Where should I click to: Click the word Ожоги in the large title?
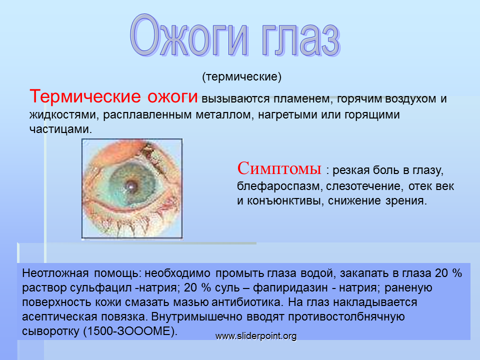pyautogui.click(x=189, y=36)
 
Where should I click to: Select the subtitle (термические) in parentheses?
pyautogui.click(x=241, y=76)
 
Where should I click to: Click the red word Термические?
pyautogui.click(x=85, y=96)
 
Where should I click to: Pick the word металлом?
pyautogui.click(x=224, y=115)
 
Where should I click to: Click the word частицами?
pyautogui.click(x=60, y=129)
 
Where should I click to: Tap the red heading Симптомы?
pyautogui.click(x=279, y=168)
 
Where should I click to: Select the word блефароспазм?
pyautogui.click(x=279, y=186)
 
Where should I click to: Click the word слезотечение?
pyautogui.click(x=363, y=186)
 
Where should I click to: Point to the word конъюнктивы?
pyautogui.click(x=285, y=201)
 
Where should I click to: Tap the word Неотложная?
pyautogui.click(x=55, y=273)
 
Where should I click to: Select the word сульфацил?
pyautogui.click(x=98, y=288)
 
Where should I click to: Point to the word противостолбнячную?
pyautogui.click(x=346, y=317)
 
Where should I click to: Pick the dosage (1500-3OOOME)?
pyautogui.click(x=130, y=331)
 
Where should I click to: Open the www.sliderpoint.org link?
pyautogui.click(x=256, y=336)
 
